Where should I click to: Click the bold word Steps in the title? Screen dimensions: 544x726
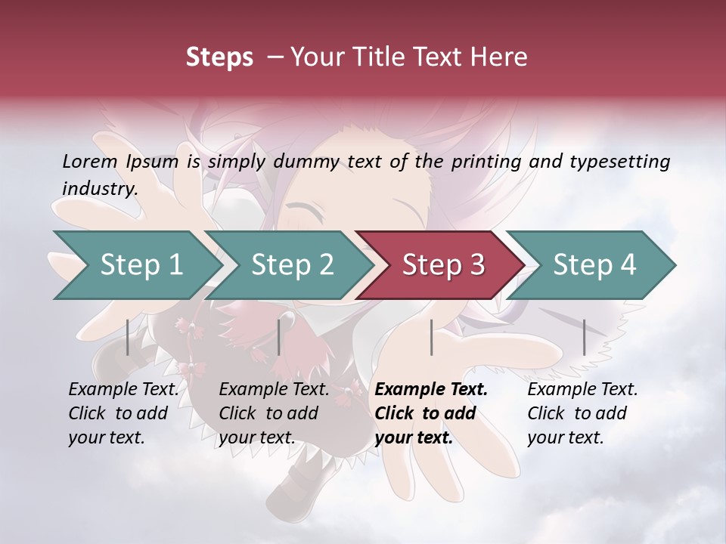(x=219, y=57)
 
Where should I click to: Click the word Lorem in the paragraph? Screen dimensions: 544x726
(x=89, y=161)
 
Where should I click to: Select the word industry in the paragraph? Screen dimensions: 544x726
(x=99, y=188)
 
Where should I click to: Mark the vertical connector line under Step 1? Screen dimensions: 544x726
(x=128, y=337)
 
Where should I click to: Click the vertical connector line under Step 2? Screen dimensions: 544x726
(x=279, y=337)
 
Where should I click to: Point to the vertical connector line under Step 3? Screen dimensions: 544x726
(x=431, y=337)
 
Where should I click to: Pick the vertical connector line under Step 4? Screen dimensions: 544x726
(x=584, y=337)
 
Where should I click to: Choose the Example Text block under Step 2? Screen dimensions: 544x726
(x=274, y=413)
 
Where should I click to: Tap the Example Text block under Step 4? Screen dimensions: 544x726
(x=582, y=413)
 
